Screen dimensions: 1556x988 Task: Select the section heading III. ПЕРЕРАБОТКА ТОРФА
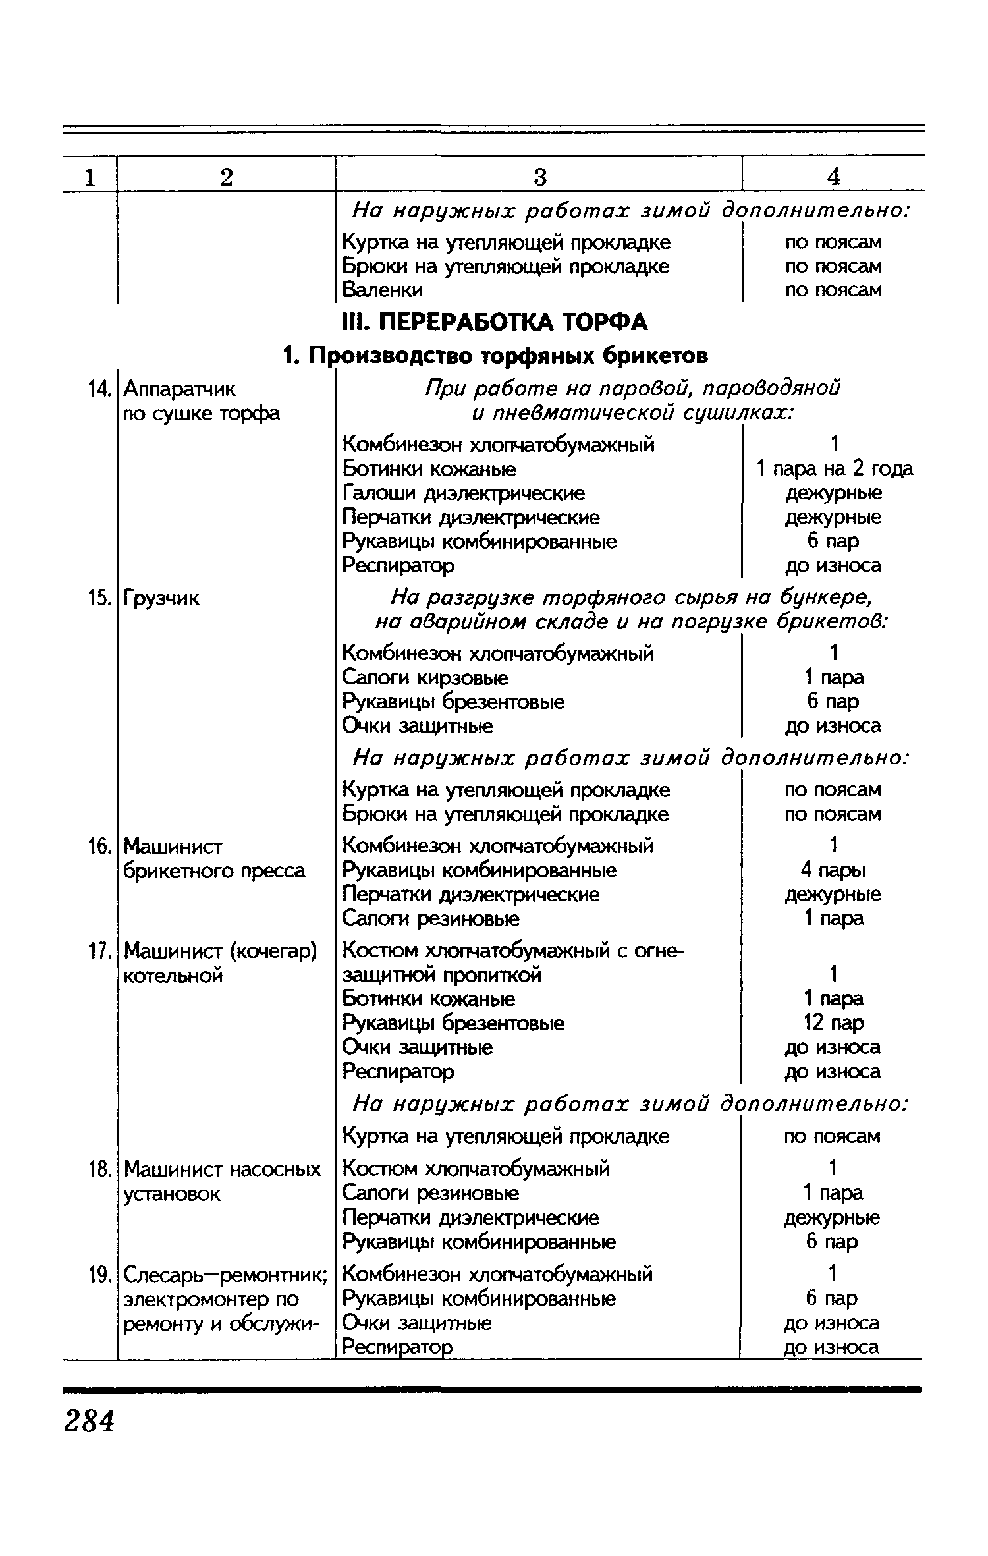495,322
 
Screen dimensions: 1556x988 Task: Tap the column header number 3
539,177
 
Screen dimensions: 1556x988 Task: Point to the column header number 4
834,177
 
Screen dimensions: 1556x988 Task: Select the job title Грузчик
161,599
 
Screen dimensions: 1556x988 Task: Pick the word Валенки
383,290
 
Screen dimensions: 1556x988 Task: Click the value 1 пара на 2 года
834,469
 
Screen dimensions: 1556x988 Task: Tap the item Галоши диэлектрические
464,493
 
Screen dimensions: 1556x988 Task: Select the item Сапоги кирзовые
425,677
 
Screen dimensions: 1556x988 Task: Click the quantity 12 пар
834,1023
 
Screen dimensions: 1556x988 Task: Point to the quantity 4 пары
834,870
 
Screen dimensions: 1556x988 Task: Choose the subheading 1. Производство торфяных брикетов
495,356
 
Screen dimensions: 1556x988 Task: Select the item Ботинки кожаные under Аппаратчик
429,469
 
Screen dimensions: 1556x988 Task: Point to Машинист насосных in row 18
223,1169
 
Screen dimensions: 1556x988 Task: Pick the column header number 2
226,177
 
